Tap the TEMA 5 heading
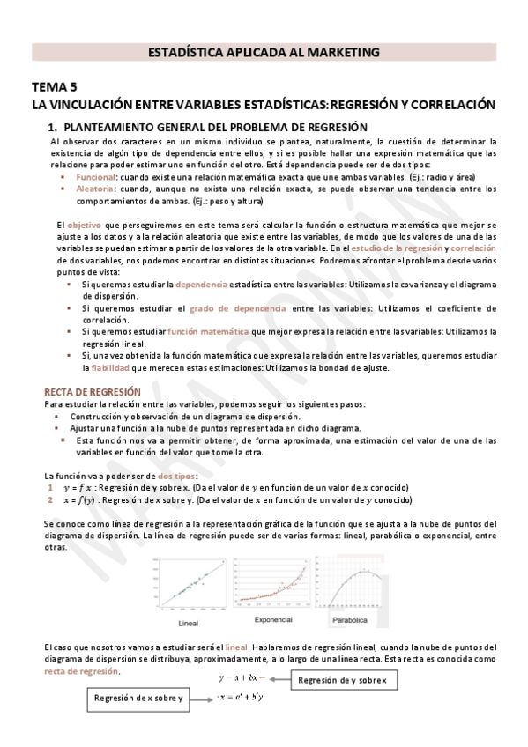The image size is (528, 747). (55, 86)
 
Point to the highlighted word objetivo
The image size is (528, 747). (84, 226)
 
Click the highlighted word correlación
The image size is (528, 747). (474, 248)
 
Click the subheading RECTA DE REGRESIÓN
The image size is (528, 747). (92, 391)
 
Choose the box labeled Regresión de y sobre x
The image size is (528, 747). (341, 680)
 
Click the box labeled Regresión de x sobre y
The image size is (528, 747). (140, 699)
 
